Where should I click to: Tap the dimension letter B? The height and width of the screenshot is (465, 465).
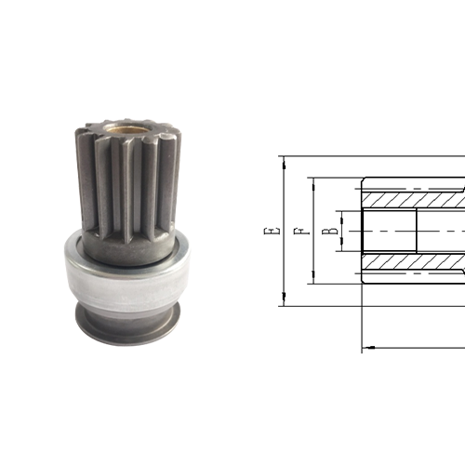pyautogui.click(x=327, y=230)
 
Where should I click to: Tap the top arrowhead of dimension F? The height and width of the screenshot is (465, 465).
pyautogui.click(x=312, y=180)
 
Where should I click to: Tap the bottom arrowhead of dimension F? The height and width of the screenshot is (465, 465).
pyautogui.click(x=312, y=279)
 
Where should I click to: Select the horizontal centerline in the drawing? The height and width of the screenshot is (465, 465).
pyautogui.click(x=409, y=230)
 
